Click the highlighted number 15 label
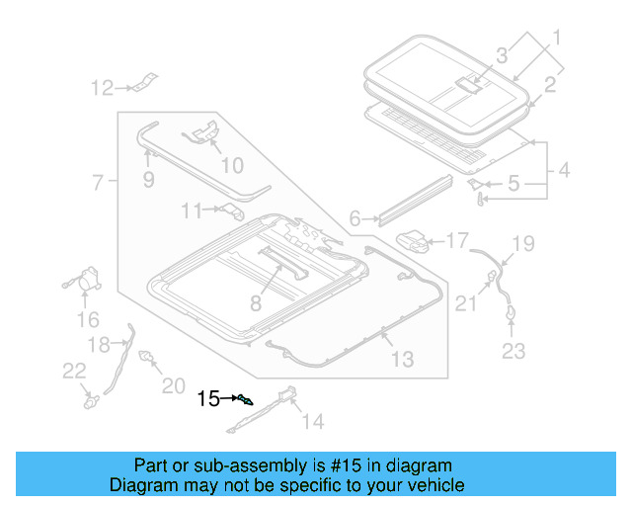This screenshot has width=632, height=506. tap(208, 399)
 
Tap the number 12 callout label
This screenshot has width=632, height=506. tap(103, 89)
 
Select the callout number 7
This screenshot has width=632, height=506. tap(98, 183)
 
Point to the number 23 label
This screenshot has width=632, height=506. tap(514, 350)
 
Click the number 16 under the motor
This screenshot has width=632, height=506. tap(88, 319)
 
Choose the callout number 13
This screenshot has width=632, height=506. tap(403, 360)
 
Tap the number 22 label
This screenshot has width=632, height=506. tap(74, 370)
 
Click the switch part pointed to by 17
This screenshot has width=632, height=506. tap(415, 239)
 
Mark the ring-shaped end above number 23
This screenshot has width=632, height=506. tap(513, 313)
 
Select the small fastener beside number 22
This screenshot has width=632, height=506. tap(92, 401)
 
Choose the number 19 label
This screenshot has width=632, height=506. tap(522, 242)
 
